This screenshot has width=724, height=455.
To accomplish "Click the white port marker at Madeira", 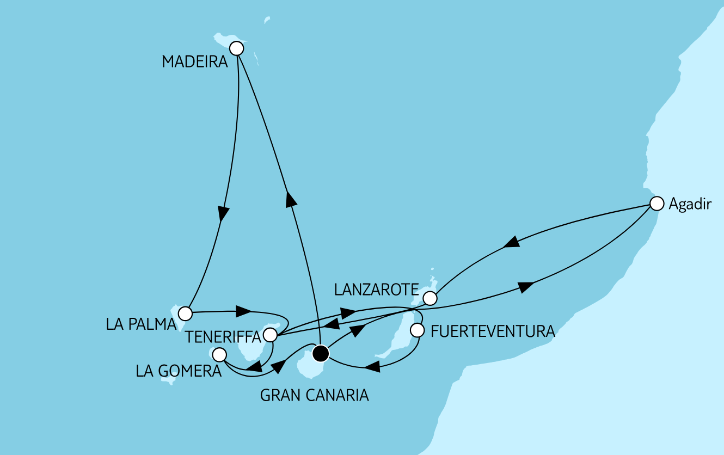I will point(236,48).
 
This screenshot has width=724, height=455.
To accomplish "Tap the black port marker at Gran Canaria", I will point(321,354).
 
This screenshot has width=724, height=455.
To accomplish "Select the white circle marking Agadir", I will point(658,204).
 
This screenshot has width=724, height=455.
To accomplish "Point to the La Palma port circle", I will point(186,313).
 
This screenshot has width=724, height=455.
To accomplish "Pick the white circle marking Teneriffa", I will point(270,334).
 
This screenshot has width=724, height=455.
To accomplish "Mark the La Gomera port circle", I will point(219,355).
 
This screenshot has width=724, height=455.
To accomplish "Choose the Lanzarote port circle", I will point(430,298).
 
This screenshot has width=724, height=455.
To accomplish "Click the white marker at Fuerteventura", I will point(417,330).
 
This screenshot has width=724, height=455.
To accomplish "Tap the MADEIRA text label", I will point(194,62).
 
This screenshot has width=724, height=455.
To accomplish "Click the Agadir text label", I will point(690,205).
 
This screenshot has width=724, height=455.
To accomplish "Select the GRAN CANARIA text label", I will point(315,395).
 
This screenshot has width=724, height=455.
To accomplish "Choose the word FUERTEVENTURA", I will point(493,331).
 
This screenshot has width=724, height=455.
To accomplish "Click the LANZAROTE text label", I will point(376,290).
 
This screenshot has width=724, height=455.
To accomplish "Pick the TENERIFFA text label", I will point(224,337).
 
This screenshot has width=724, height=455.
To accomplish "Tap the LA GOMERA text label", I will point(179,371).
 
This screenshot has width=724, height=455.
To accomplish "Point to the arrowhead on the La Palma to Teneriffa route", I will point(243,312).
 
